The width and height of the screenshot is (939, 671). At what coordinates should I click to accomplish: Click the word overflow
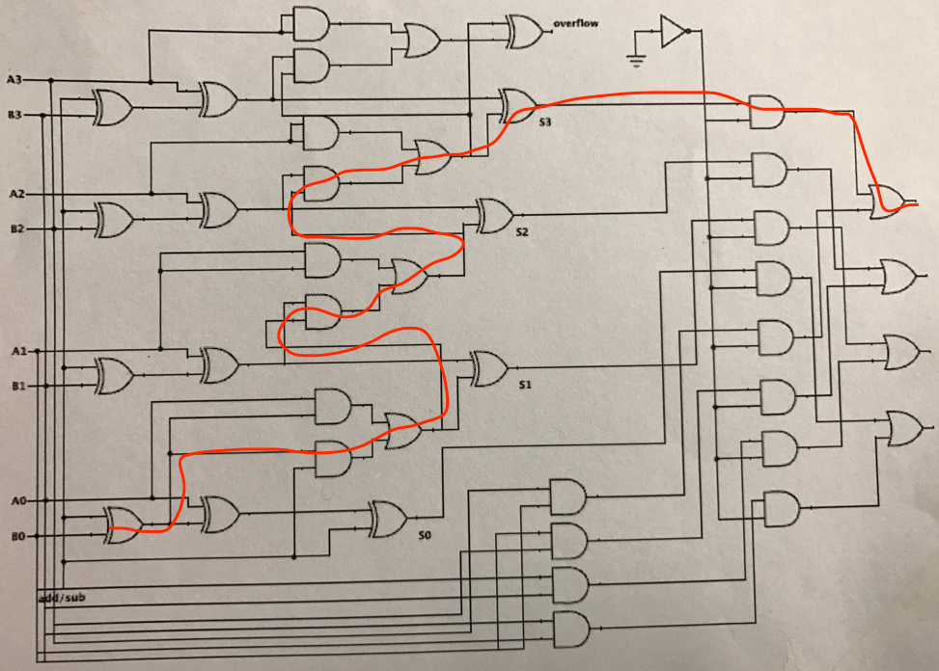click(x=576, y=22)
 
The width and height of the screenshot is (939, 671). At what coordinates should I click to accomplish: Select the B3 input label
click(x=15, y=116)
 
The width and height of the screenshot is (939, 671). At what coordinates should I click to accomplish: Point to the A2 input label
click(x=15, y=194)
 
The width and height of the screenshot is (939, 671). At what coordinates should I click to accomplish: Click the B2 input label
click(x=15, y=229)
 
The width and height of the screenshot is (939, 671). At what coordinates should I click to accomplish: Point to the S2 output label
click(x=522, y=232)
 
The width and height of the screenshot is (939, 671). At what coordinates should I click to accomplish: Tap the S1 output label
click(x=525, y=385)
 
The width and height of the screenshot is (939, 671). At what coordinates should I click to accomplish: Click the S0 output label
click(x=424, y=535)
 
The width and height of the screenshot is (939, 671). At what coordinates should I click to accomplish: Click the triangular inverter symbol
click(x=672, y=32)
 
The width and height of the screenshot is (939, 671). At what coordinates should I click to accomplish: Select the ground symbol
click(x=634, y=61)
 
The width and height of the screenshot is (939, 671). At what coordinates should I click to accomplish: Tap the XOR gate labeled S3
click(x=517, y=104)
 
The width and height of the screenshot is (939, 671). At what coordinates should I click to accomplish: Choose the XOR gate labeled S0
click(x=388, y=518)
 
